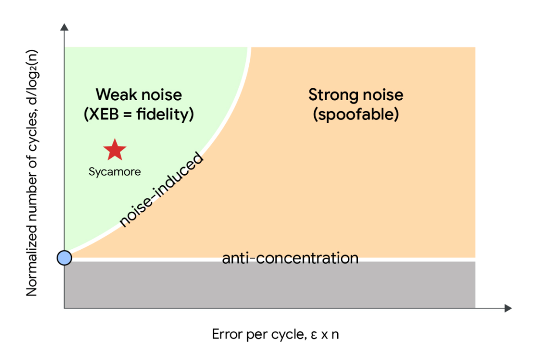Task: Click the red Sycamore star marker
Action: pyautogui.click(x=114, y=150)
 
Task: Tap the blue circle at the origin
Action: pyautogui.click(x=64, y=258)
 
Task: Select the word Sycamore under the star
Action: pyautogui.click(x=114, y=172)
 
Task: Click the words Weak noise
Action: pyautogui.click(x=139, y=95)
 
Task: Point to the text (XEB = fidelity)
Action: pyautogui.click(x=139, y=114)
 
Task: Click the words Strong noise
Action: pyautogui.click(x=355, y=95)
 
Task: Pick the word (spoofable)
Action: pyautogui.click(x=355, y=114)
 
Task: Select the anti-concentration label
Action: pyautogui.click(x=290, y=258)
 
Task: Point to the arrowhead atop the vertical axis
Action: pyautogui.click(x=64, y=26)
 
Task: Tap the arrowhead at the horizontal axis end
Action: pyautogui.click(x=507, y=308)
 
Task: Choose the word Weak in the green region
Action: pyautogui.click(x=114, y=95)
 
